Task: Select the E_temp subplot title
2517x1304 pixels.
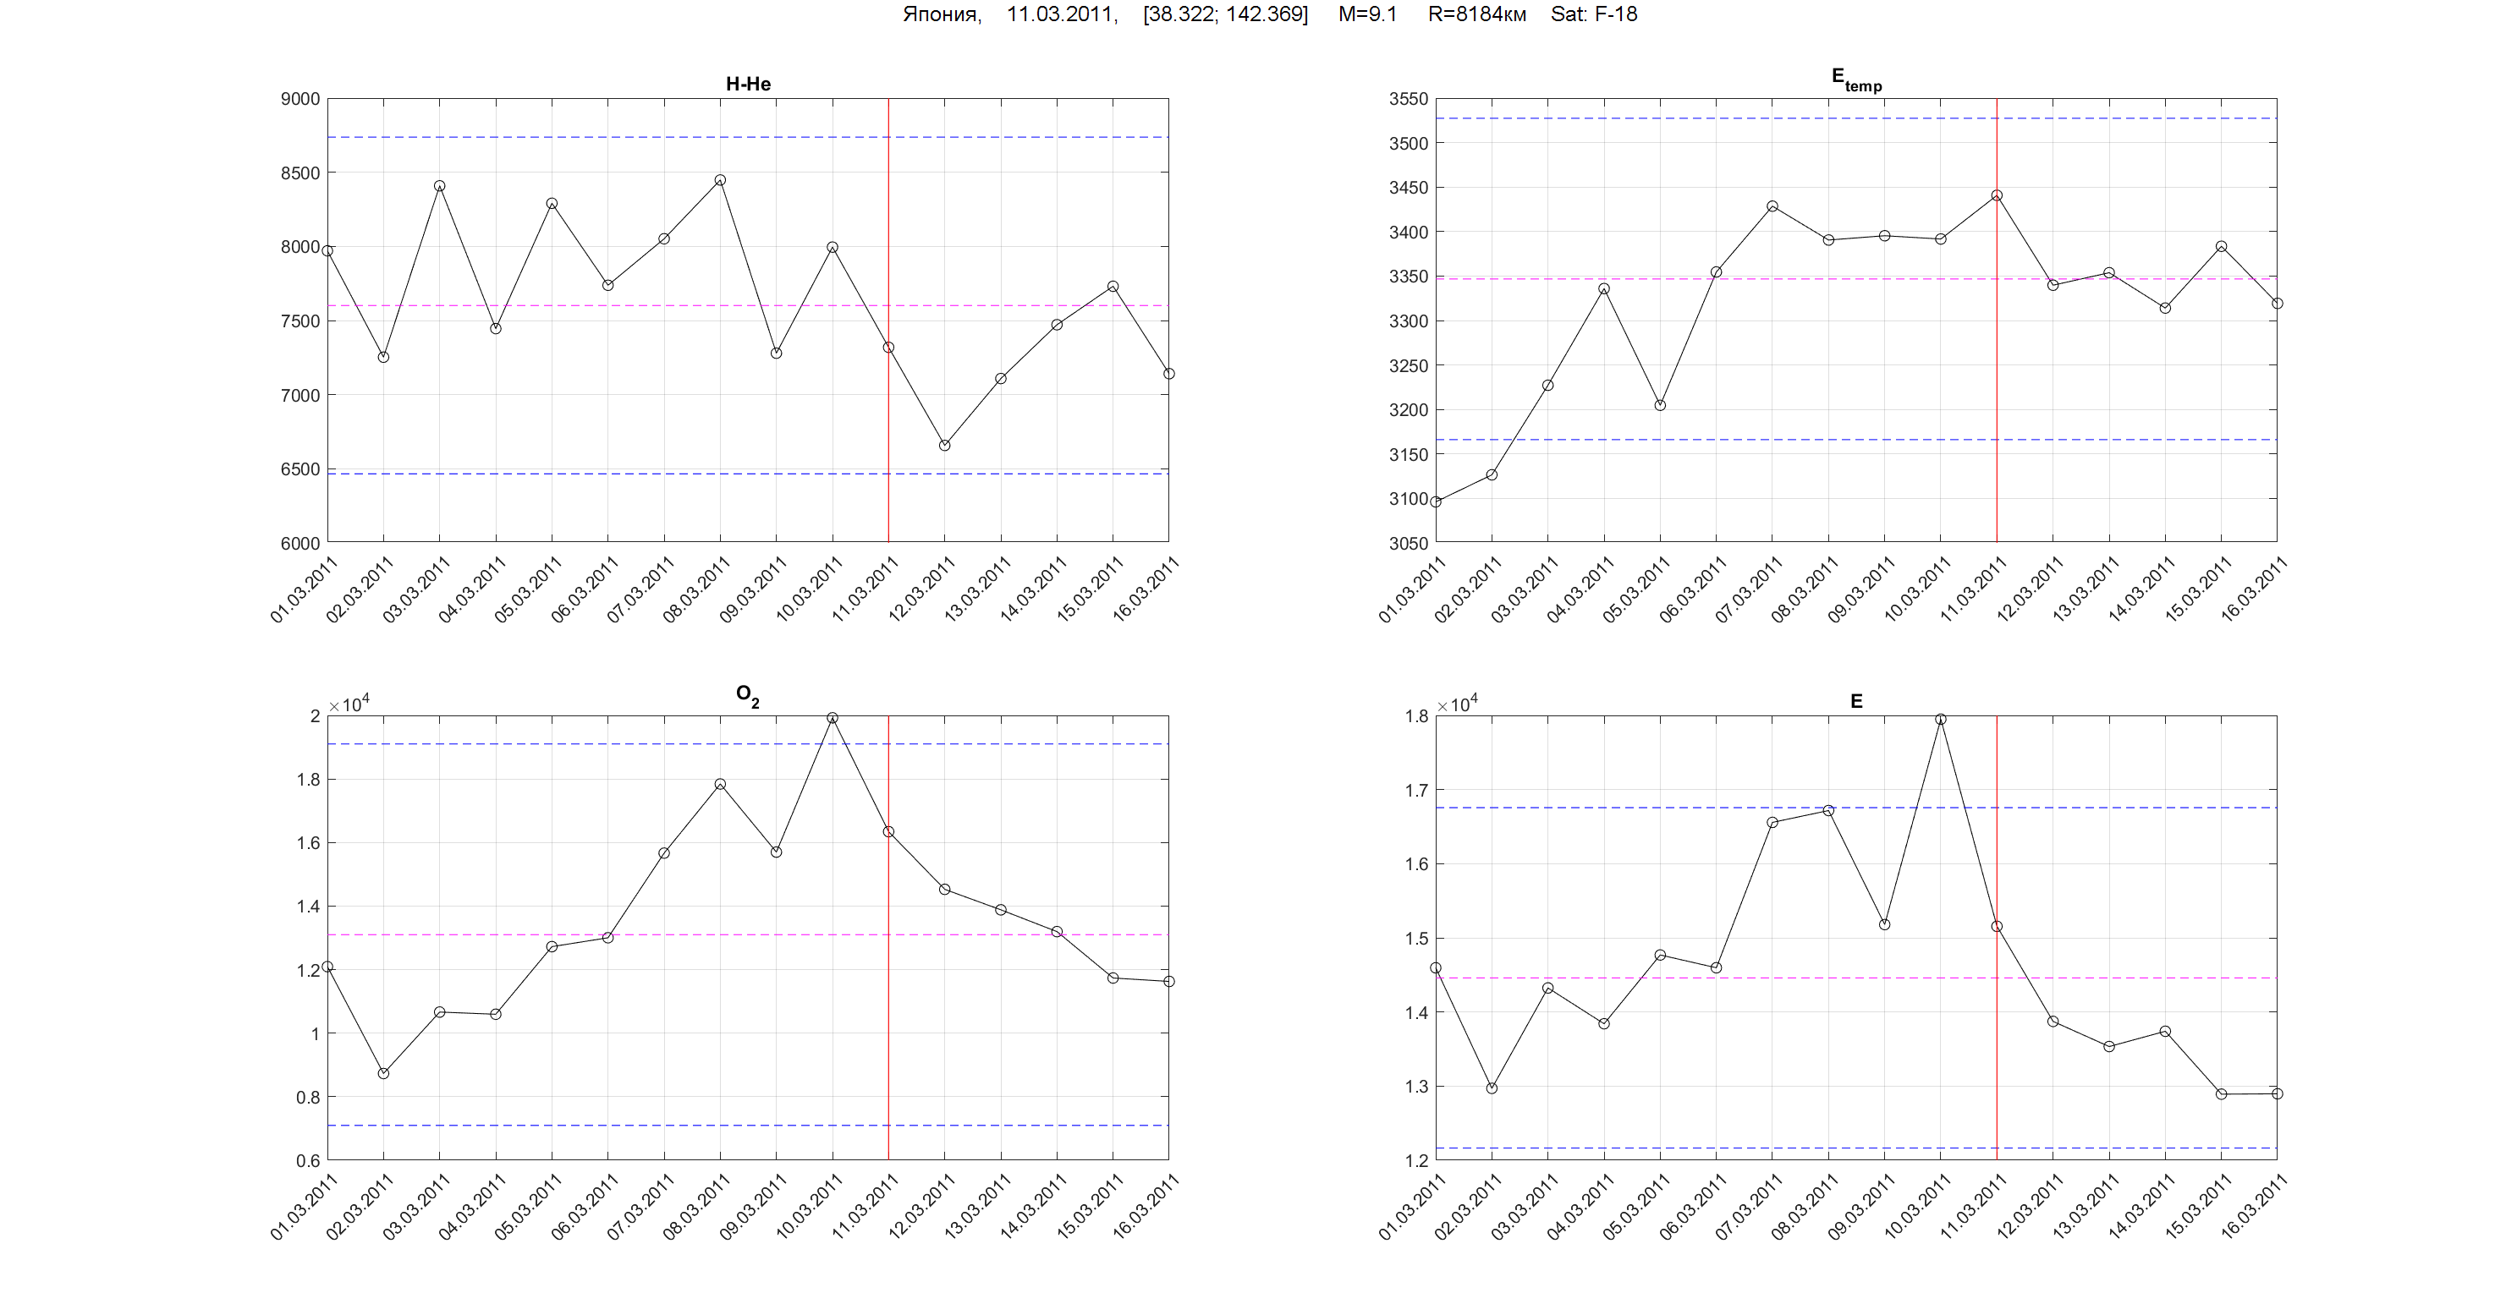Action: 1855,80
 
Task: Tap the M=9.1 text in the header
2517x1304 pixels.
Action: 1367,14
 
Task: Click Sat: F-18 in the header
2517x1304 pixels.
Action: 1594,14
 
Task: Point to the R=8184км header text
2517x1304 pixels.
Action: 1476,14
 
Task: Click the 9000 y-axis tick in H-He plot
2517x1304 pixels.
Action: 300,99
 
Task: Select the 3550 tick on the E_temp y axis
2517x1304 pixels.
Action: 1408,99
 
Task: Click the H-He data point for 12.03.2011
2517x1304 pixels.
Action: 945,446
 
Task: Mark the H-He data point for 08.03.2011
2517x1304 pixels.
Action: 720,181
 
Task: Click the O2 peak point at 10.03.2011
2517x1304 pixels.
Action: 833,718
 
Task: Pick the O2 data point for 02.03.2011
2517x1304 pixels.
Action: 384,1073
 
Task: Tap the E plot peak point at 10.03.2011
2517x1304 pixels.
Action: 1941,720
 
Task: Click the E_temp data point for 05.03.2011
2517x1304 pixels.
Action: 1660,405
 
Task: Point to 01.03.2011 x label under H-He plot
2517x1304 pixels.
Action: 304,589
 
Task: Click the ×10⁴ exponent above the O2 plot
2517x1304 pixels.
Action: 349,704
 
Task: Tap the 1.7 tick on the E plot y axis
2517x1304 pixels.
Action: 1417,790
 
